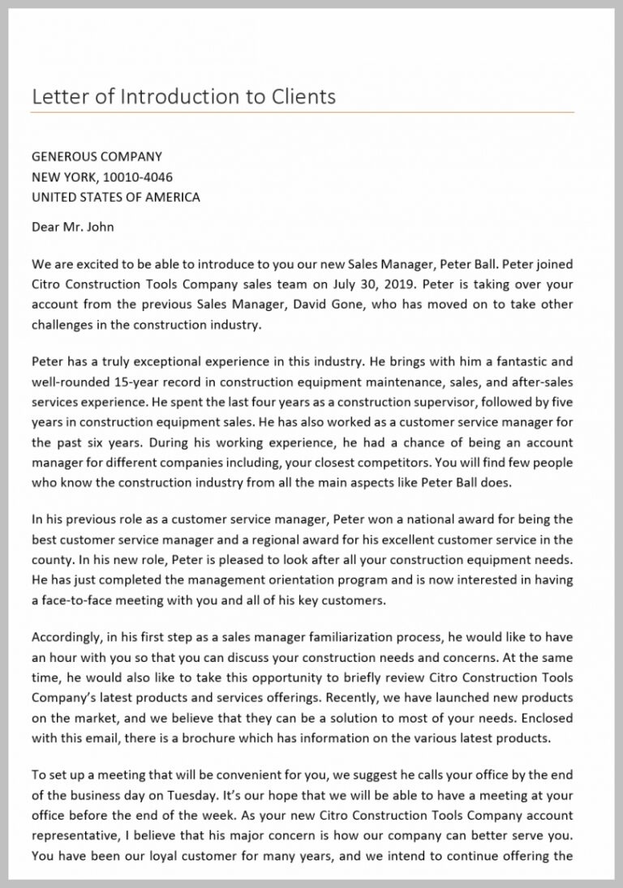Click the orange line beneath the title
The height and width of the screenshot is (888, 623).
[x=303, y=112]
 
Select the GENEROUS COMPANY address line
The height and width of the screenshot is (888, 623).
[x=97, y=156]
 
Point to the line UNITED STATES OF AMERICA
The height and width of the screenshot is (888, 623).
[x=115, y=197]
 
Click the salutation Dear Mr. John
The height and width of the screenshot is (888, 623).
[x=72, y=227]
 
